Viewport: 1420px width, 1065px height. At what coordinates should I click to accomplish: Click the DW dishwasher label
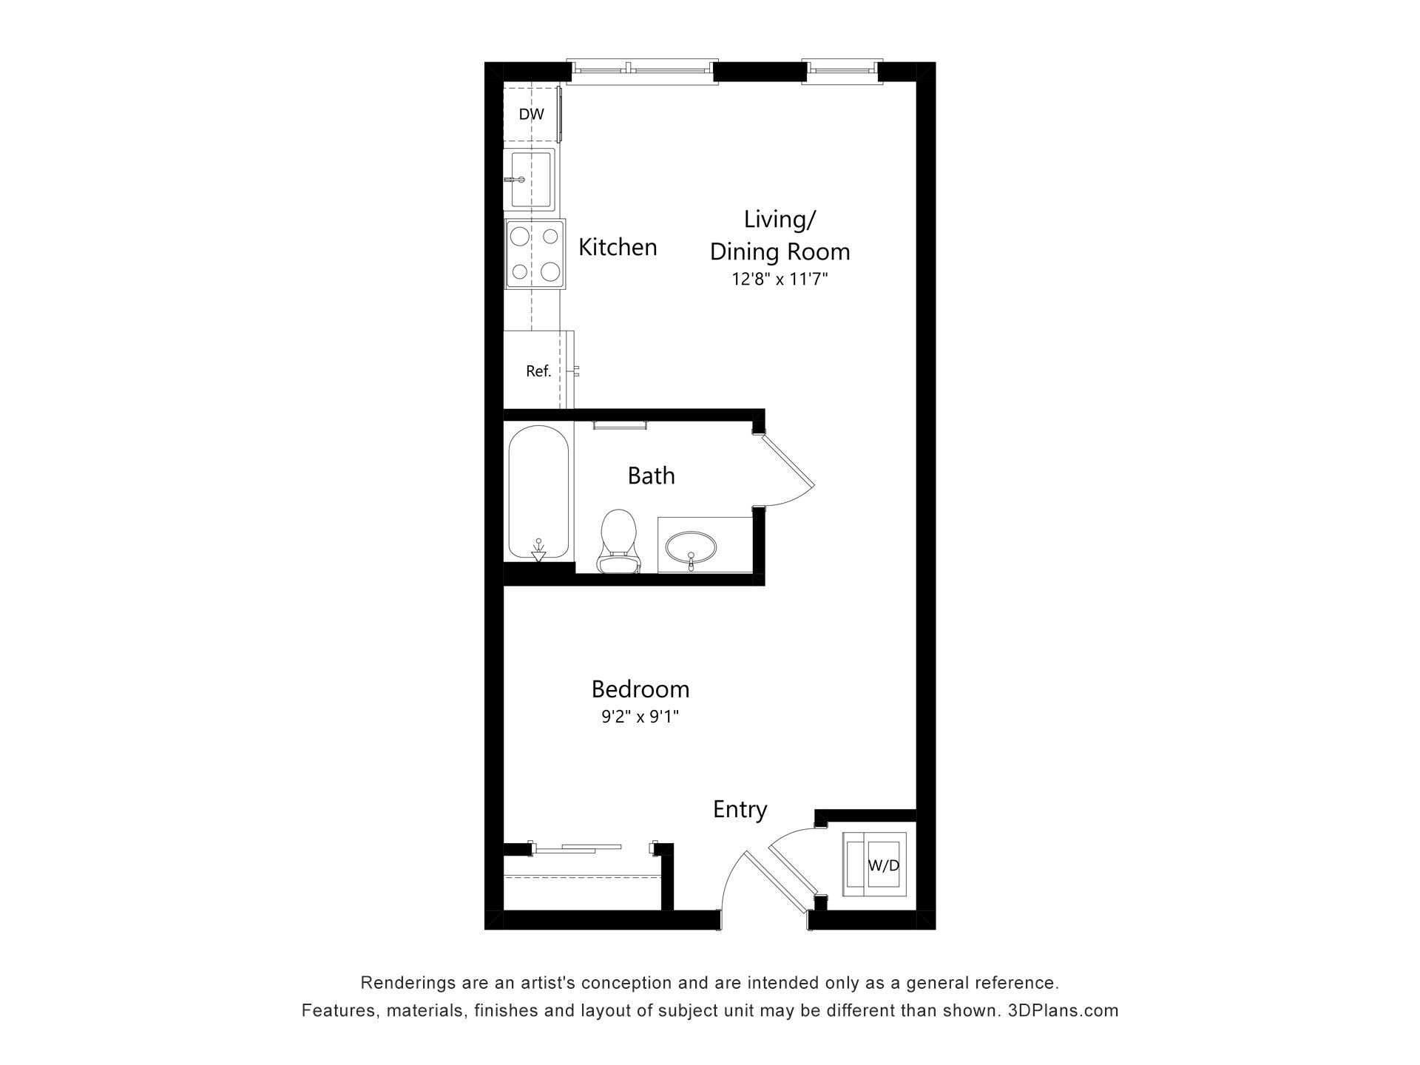point(531,115)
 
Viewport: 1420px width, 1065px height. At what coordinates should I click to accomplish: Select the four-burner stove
point(535,254)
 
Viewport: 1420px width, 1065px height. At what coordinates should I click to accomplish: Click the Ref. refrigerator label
point(538,371)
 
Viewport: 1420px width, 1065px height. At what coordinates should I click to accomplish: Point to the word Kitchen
point(618,247)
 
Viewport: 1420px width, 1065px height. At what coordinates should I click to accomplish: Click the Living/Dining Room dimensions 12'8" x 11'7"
point(780,280)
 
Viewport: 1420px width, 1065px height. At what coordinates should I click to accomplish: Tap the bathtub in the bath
point(539,493)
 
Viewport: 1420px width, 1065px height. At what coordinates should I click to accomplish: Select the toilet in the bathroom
point(618,541)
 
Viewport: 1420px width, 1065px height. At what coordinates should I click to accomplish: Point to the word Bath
point(651,476)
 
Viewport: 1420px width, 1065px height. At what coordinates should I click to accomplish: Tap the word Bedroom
point(640,689)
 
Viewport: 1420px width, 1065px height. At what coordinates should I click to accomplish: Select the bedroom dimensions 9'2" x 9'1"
point(640,717)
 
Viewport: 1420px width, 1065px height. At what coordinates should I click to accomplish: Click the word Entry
point(740,810)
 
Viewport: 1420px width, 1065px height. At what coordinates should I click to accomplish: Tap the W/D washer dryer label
point(883,865)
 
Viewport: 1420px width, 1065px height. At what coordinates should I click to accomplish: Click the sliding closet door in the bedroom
point(578,848)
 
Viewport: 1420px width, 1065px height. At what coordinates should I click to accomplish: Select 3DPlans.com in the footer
point(1063,1011)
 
